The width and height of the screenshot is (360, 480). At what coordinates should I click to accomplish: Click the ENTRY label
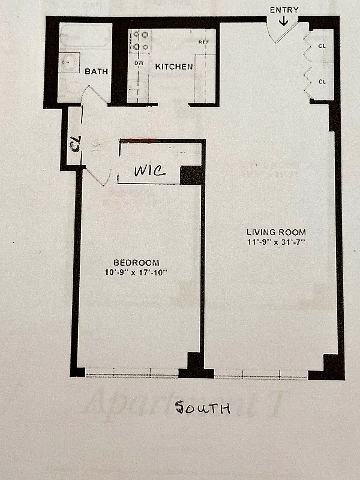[284, 10]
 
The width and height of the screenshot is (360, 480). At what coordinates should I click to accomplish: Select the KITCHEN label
[174, 67]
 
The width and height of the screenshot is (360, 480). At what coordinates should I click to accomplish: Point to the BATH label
[96, 71]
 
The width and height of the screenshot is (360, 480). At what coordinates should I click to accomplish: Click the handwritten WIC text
[150, 171]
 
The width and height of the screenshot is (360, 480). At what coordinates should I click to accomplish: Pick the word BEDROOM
[137, 262]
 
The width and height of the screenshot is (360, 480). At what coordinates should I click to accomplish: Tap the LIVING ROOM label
[277, 232]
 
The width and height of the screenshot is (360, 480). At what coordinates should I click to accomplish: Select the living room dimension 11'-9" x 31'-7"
[277, 242]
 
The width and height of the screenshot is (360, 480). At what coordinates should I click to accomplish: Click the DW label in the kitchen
[139, 62]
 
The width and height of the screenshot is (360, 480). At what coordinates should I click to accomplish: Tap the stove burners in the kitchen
[140, 41]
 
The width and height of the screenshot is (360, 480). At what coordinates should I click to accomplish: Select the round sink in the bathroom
[70, 61]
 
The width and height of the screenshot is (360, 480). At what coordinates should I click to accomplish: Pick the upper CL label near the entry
[322, 46]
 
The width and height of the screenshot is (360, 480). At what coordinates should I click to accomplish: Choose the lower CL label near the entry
[322, 82]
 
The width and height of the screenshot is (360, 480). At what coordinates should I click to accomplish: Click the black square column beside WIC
[192, 174]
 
